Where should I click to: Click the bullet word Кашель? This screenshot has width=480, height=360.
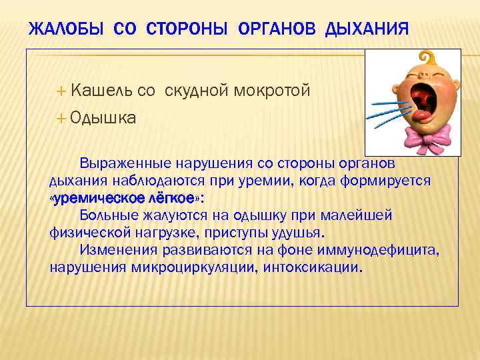click(101, 91)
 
